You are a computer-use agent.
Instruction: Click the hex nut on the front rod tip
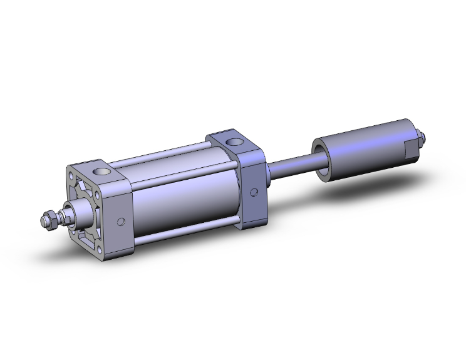(46, 220)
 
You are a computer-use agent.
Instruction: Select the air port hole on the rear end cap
(236, 141)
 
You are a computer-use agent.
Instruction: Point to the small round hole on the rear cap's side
(254, 193)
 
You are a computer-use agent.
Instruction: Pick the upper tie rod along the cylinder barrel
(169, 155)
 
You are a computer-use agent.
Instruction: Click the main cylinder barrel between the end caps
(182, 194)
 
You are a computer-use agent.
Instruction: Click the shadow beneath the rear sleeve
(376, 188)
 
